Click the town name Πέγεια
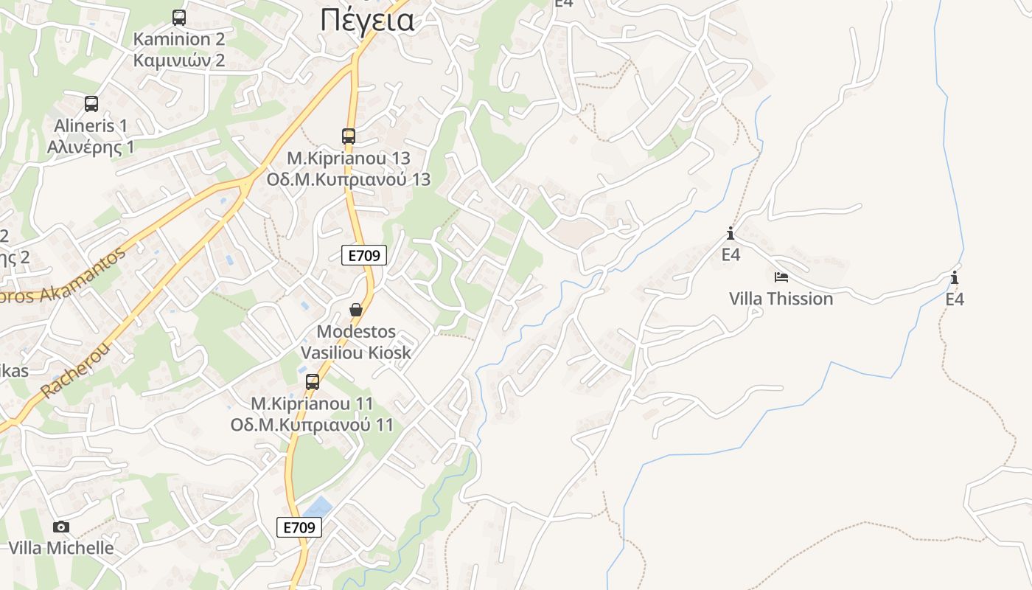(366, 21)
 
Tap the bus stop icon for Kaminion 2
(179, 18)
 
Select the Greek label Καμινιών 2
(179, 60)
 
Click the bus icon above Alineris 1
(91, 104)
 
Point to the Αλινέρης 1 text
(91, 147)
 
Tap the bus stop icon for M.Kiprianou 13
(349, 136)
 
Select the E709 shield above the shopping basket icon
(364, 256)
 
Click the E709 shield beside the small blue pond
(299, 527)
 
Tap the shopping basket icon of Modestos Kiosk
(356, 310)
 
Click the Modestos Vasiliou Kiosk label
(356, 342)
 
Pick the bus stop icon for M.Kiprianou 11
(313, 382)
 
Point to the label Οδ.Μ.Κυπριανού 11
(312, 426)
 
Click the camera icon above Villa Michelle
(61, 527)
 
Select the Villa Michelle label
(61, 548)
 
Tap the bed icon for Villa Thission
(781, 277)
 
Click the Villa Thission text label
(781, 299)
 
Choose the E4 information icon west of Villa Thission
(731, 234)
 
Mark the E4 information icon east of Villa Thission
(955, 278)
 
